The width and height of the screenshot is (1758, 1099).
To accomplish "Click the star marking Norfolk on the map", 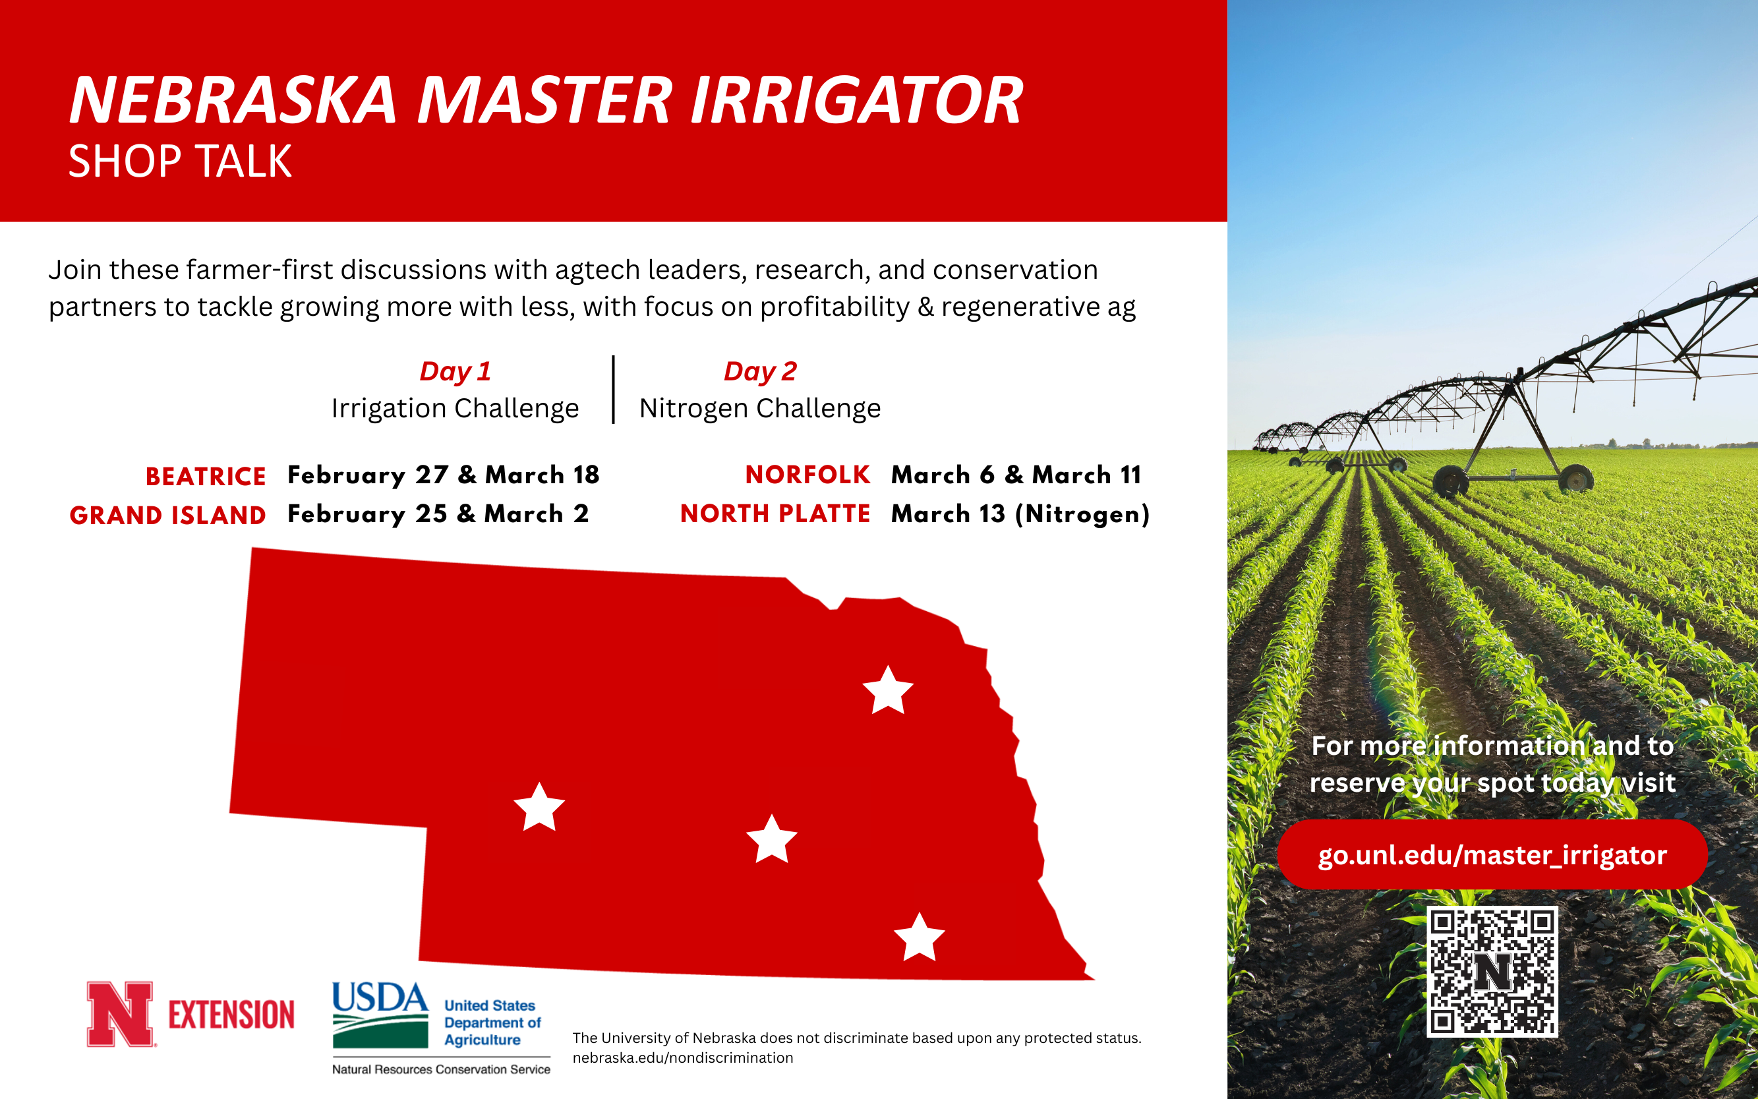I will pos(887,691).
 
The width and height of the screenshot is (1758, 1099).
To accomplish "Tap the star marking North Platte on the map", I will pos(539,808).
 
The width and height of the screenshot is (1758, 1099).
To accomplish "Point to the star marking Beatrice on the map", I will pos(920,938).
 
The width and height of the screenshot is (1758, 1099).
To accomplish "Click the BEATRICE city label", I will pos(206,476).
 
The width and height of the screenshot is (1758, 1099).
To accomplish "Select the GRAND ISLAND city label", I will pos(168,515).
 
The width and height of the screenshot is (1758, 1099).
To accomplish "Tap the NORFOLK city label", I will pos(807,475).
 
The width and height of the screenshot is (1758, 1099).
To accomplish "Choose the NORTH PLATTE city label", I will pos(775,514).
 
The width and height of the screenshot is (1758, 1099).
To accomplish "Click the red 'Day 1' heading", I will pos(455,371).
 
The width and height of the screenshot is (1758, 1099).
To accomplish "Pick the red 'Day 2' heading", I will pos(760,371).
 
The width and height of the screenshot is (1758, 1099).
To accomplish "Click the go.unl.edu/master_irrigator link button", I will pos(1492,855).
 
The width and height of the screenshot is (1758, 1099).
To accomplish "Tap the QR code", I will pos(1492,971).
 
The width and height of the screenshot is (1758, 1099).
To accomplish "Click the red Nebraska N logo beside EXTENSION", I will pos(120,1014).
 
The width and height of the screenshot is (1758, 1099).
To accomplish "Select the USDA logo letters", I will pos(380,998).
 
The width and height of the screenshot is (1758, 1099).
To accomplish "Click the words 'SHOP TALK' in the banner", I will pos(179,161).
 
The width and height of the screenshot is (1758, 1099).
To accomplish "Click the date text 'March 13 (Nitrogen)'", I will pos(1020,514).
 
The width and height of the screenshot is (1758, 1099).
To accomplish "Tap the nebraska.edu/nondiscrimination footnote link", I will pos(682,1057).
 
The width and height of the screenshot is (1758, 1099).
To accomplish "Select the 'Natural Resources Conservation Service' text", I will pos(441,1069).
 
